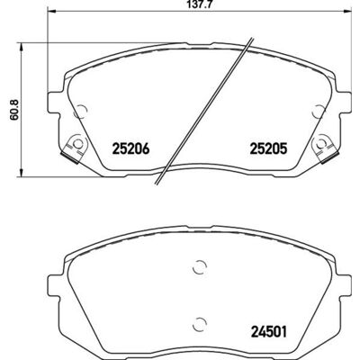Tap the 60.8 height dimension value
coord(14,110)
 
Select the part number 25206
coord(130,148)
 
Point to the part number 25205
coord(269,148)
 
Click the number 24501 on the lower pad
coord(269,331)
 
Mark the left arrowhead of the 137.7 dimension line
coord(51,12)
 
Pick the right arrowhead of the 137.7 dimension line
coord(347,12)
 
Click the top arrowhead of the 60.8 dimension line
coord(21,47)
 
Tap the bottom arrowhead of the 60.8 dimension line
coord(21,173)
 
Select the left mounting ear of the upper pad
coord(55,103)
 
